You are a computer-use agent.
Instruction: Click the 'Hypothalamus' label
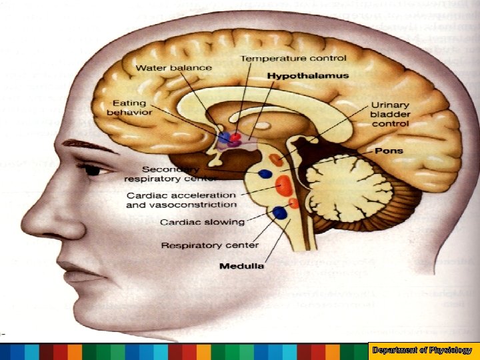308,76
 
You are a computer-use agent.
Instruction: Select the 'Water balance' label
174,67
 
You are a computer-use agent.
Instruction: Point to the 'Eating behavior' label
132,108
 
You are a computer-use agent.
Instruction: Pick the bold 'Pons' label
389,151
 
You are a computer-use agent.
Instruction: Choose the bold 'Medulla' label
241,266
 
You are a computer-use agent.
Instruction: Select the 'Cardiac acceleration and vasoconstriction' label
181,200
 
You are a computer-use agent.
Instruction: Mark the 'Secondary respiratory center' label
170,173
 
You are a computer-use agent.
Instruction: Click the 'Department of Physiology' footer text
423,350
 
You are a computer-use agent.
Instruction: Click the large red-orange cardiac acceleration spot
282,184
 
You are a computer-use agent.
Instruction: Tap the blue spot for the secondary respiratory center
265,174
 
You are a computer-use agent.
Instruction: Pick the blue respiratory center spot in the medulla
279,213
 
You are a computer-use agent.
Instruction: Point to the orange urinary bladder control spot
277,160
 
